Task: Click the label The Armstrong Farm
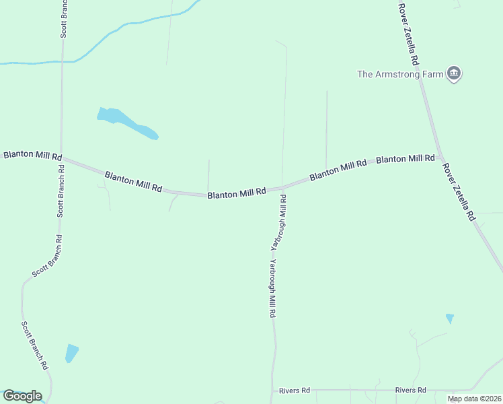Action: pyautogui.click(x=399, y=74)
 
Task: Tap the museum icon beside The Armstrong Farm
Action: pyautogui.click(x=454, y=73)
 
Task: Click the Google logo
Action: pyautogui.click(x=22, y=396)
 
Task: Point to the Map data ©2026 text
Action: pyautogui.click(x=474, y=399)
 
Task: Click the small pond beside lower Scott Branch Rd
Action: pyautogui.click(x=71, y=353)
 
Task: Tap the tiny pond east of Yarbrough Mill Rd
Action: pyautogui.click(x=449, y=318)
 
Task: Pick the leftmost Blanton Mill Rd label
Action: pyautogui.click(x=32, y=155)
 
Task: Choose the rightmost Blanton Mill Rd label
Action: pyautogui.click(x=405, y=159)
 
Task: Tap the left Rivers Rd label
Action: pyautogui.click(x=295, y=390)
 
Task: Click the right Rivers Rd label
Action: pyautogui.click(x=411, y=390)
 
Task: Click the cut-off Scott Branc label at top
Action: pyautogui.click(x=63, y=18)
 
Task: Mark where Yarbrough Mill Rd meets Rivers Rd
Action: pyautogui.click(x=272, y=390)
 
